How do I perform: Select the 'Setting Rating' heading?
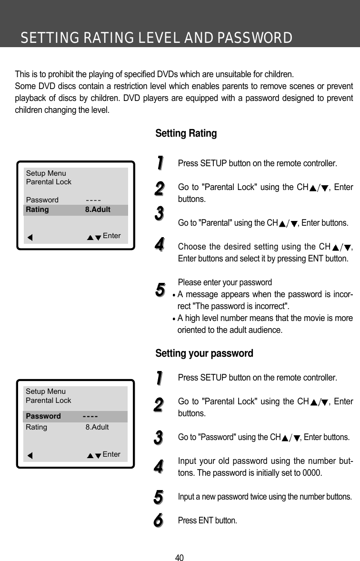coord(186,133)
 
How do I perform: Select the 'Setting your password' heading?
coord(204,353)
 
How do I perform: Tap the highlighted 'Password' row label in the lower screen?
coord(43,416)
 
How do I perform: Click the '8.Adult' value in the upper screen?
coord(98,210)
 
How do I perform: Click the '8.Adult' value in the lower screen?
coord(97,427)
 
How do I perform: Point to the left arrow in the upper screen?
coord(30,237)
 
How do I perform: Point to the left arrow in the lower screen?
coord(30,455)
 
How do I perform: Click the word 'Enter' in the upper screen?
coord(112,236)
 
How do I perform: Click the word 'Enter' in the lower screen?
coord(111,454)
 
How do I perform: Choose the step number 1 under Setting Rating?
coord(160,162)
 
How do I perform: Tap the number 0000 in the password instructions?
coord(312,473)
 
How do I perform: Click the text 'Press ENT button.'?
coord(207,520)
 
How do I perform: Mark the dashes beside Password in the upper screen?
coord(94,200)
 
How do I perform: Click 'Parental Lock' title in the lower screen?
coord(48,401)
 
